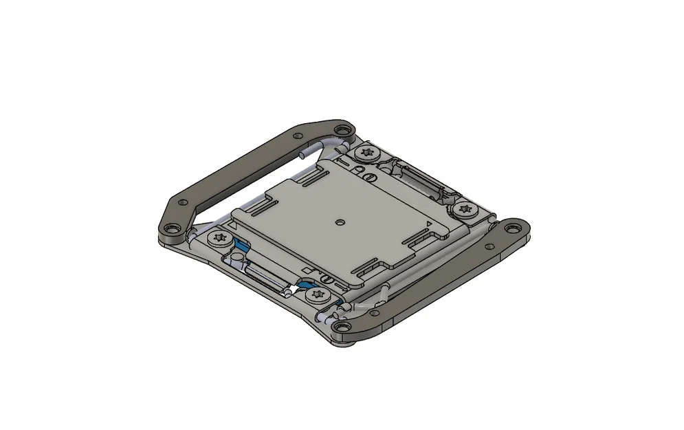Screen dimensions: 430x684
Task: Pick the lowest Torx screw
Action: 316,296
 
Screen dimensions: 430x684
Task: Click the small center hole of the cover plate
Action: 342,222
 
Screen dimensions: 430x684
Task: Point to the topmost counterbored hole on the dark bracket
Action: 340,129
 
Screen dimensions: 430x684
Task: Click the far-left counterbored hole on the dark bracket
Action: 169,228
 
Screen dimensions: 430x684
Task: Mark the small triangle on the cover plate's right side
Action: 429,225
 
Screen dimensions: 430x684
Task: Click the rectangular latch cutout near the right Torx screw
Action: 417,180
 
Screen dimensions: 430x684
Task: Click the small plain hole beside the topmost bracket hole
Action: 299,135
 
